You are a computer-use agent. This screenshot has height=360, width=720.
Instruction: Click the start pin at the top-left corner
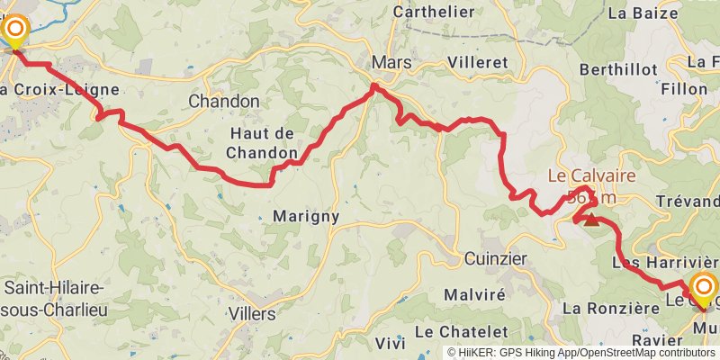click(16, 32)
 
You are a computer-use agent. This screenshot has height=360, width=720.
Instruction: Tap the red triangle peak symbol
click(591, 218)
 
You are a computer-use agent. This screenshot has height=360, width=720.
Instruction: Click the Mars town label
click(391, 63)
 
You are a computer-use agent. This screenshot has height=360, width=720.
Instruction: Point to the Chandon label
click(223, 102)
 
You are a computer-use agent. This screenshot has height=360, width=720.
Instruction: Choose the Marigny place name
click(305, 216)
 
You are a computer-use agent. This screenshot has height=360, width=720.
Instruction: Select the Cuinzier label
click(496, 258)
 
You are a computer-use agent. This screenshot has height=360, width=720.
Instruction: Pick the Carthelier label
click(435, 12)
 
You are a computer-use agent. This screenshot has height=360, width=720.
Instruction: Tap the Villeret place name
click(477, 63)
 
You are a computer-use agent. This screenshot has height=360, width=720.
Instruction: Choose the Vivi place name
click(390, 342)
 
